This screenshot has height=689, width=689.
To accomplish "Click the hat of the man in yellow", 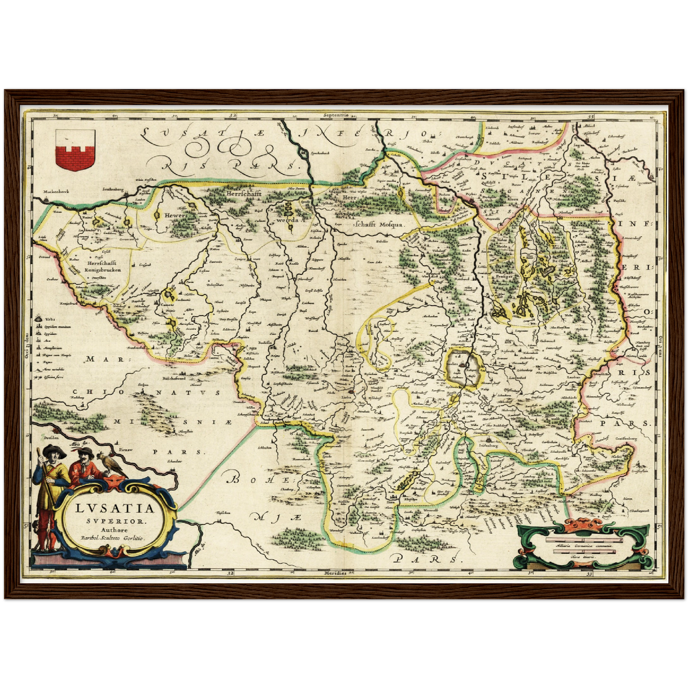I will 50,449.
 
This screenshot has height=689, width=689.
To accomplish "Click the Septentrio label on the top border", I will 336,115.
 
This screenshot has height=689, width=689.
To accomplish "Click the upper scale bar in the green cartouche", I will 585,541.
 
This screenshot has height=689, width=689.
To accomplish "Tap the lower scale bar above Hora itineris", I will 585,552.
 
